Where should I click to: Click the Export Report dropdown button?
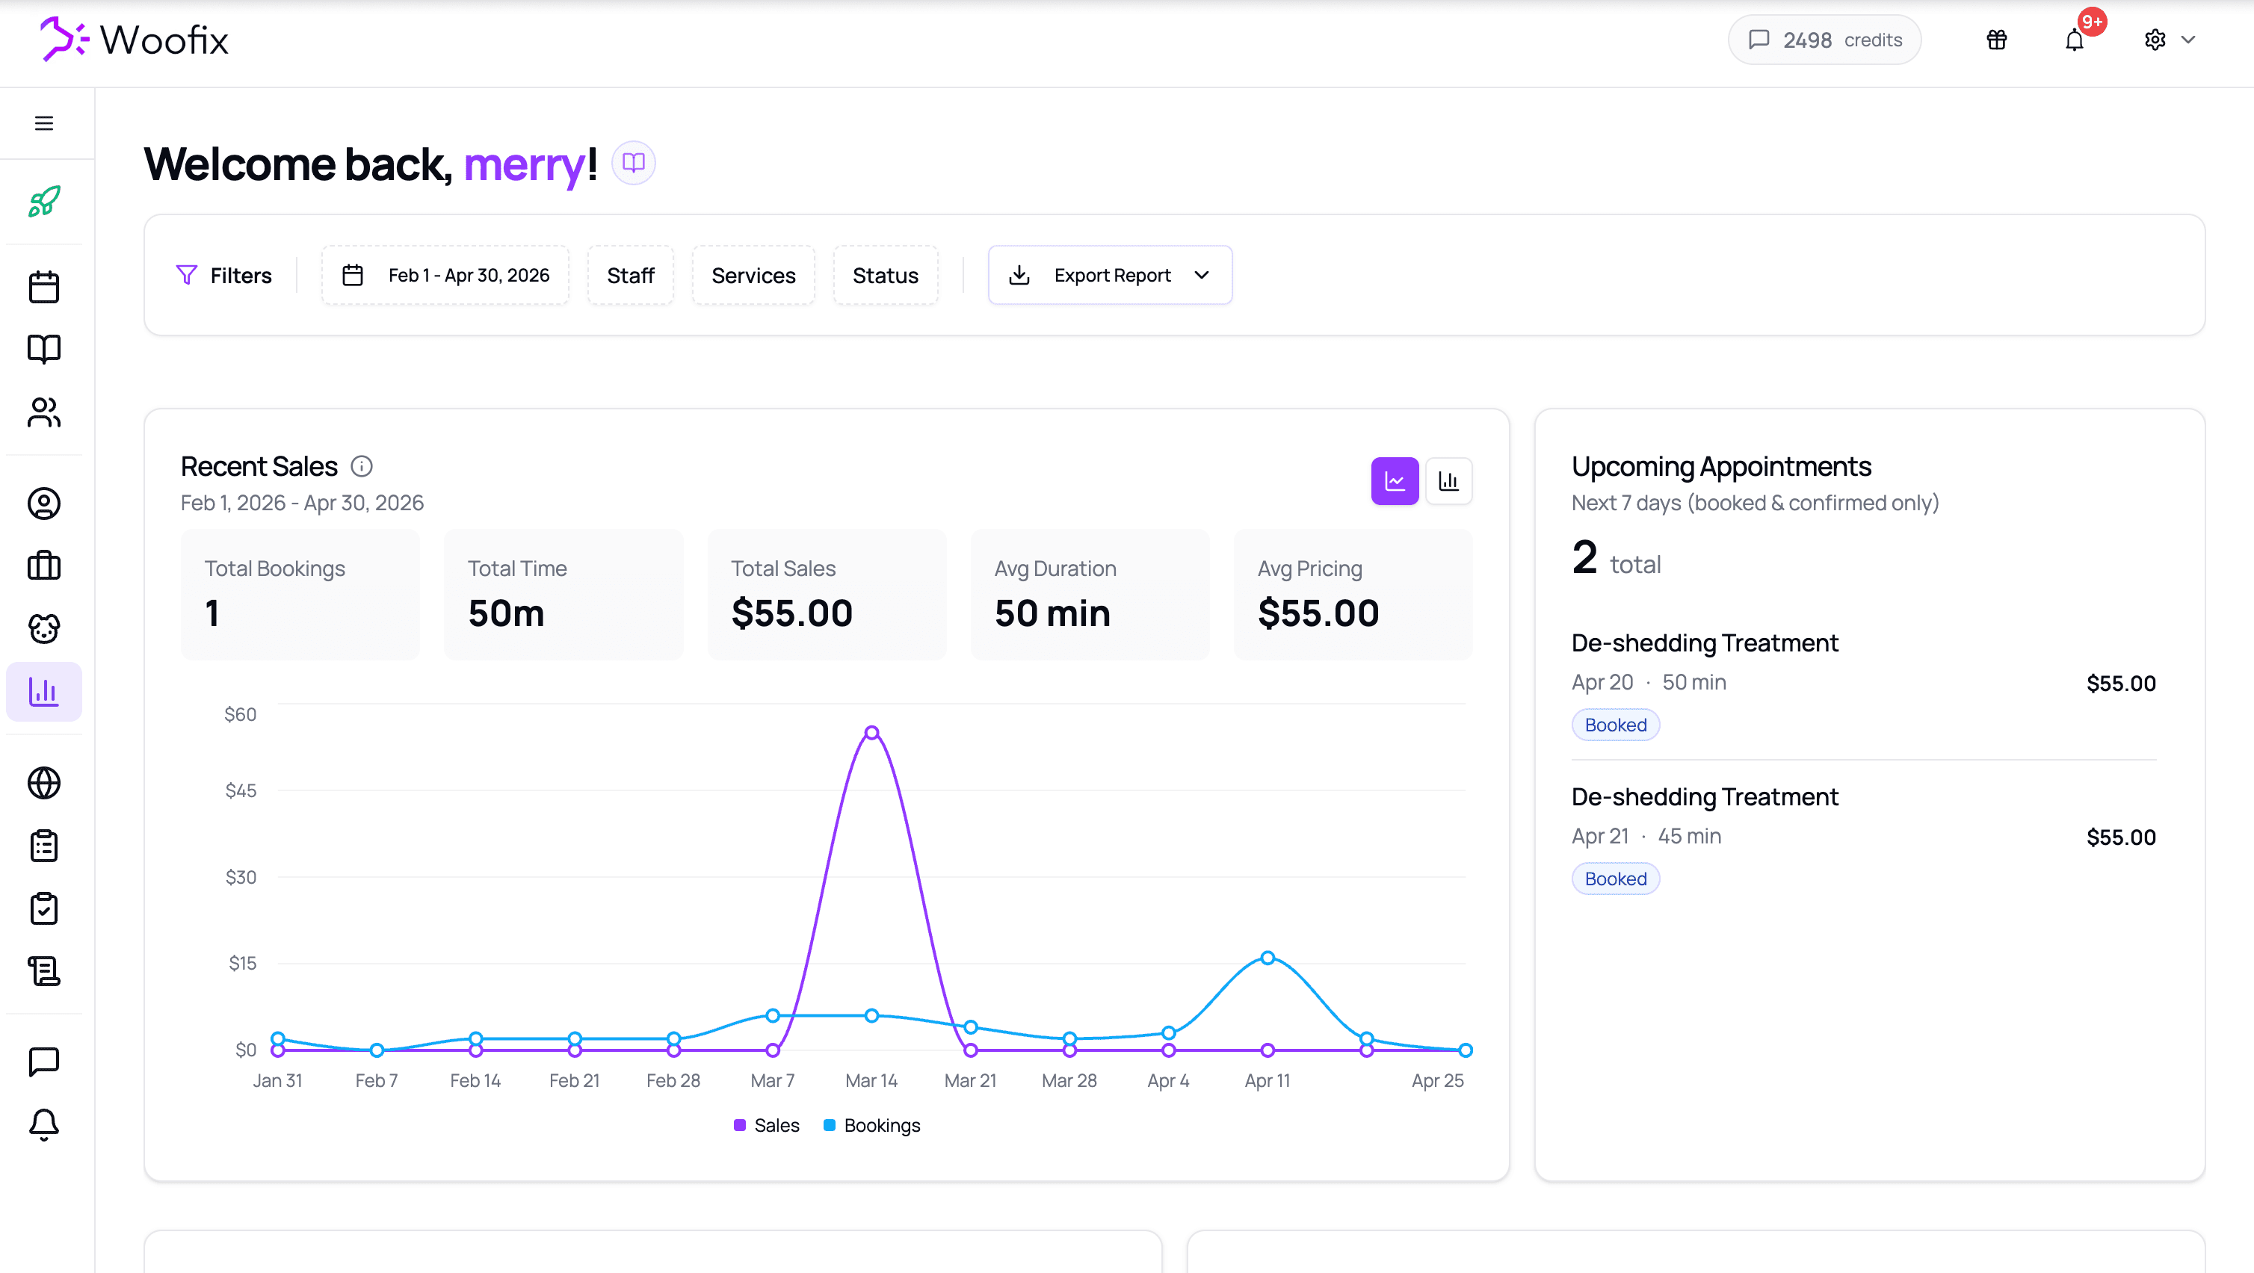point(1110,276)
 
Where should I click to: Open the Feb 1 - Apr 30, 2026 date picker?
point(445,276)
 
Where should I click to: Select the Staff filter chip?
point(630,276)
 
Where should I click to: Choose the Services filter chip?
point(753,276)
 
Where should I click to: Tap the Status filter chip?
point(885,276)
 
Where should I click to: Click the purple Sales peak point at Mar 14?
point(871,733)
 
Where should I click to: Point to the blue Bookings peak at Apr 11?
point(1267,958)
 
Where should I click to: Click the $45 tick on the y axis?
point(241,791)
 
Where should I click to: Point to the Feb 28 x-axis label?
point(673,1080)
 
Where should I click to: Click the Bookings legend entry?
point(872,1125)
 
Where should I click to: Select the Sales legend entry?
point(767,1125)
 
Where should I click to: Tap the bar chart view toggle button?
point(1448,481)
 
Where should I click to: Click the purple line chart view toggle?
point(1394,481)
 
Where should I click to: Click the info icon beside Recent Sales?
point(362,466)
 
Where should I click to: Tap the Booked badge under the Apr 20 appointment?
point(1615,725)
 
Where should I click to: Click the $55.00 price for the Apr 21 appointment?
point(2120,837)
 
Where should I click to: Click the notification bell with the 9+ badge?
point(2075,40)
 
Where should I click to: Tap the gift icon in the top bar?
point(1997,40)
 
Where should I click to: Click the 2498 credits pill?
point(1824,40)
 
